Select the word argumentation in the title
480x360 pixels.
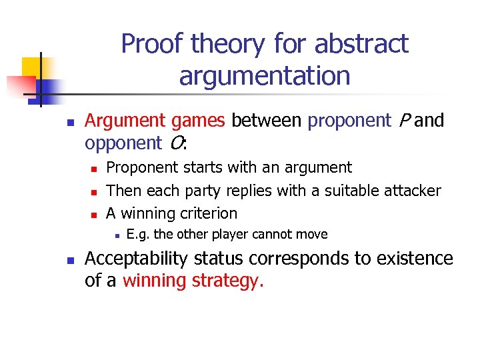[x=264, y=76]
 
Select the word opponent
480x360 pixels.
[x=123, y=143]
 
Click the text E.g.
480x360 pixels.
[x=138, y=234]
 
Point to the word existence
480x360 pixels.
[x=413, y=259]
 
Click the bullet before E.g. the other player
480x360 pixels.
[x=116, y=235]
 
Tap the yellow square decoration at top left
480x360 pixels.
[x=33, y=67]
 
